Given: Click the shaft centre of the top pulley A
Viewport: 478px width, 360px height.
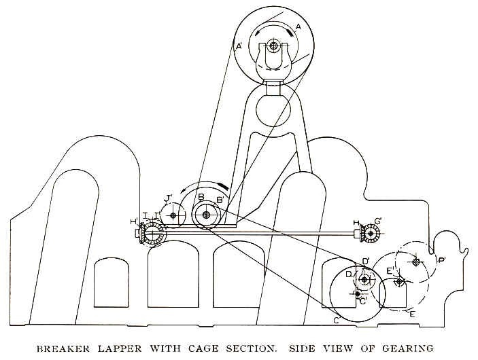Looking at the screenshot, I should (x=273, y=46).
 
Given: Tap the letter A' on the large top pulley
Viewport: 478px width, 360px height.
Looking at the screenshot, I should (x=239, y=47).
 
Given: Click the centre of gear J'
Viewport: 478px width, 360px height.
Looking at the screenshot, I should (x=173, y=216).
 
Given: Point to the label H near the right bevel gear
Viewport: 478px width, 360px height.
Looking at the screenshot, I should (x=356, y=223).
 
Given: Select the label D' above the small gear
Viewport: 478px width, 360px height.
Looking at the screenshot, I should (x=366, y=261).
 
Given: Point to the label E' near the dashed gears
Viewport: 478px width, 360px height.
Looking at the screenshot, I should (x=390, y=270).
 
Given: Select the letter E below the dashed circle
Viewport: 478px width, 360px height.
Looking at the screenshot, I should (x=413, y=314).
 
